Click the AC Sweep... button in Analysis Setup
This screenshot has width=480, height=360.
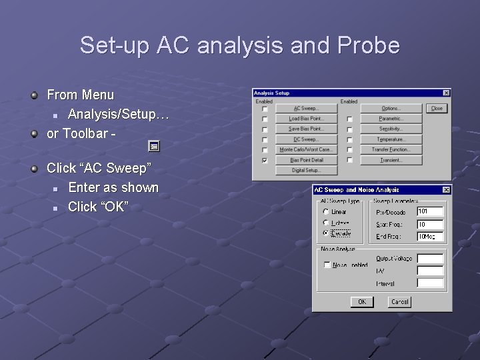coord(306,108)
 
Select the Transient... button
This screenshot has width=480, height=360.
coord(391,160)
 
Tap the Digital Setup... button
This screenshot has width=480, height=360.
coord(306,171)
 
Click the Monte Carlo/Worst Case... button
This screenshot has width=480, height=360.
coord(306,149)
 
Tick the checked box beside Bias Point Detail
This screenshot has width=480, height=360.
coord(265,160)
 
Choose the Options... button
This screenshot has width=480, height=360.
coord(391,108)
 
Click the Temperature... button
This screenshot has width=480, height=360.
coord(391,139)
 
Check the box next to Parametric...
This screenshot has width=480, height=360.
coord(349,119)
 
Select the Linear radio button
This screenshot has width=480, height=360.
coord(325,212)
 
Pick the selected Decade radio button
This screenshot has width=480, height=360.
coord(325,233)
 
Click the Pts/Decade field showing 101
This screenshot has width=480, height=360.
coord(430,212)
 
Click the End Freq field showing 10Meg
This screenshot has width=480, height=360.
coord(430,237)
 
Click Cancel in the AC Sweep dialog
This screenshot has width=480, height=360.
coord(399,302)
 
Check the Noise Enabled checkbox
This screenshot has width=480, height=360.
coord(327,265)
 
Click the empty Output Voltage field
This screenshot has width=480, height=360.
coord(430,259)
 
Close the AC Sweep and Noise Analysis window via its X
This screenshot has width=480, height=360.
coord(446,190)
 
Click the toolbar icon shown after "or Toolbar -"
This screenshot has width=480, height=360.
coord(153,145)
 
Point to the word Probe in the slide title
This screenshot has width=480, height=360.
coord(369,45)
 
